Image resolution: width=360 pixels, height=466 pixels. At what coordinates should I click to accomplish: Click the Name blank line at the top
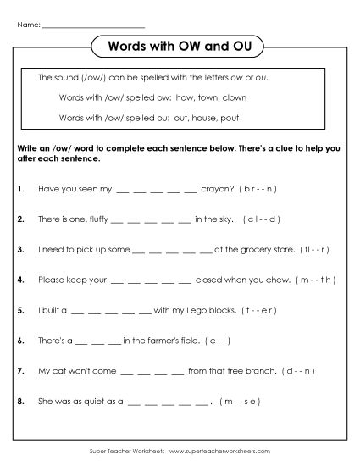[93, 25]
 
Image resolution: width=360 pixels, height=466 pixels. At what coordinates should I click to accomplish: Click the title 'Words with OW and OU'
[180, 45]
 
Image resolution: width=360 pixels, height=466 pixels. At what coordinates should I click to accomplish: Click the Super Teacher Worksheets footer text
[180, 452]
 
